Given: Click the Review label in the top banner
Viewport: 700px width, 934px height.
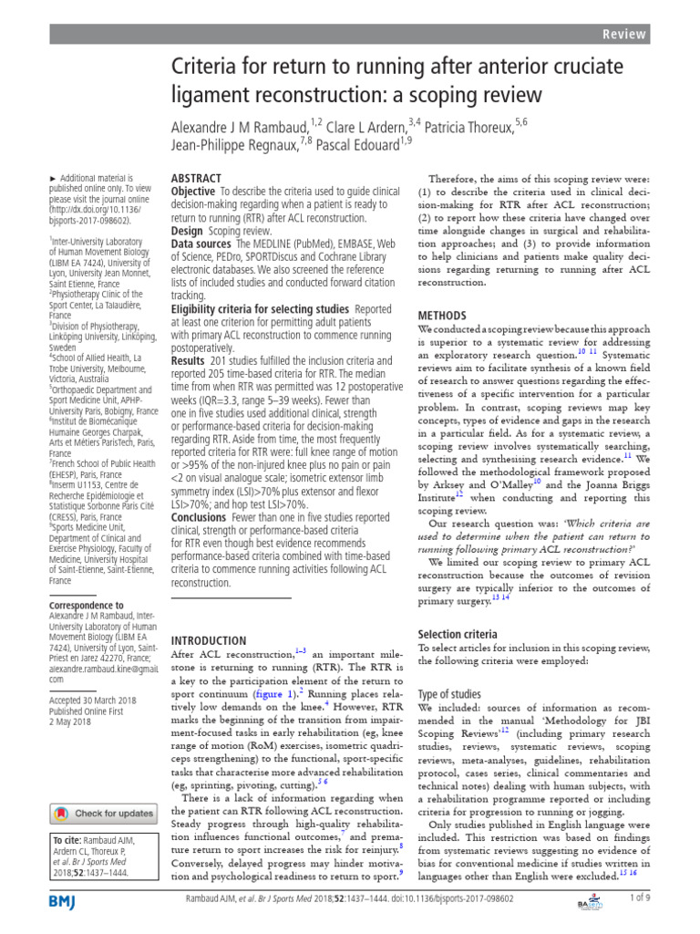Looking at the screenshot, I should coord(661,34).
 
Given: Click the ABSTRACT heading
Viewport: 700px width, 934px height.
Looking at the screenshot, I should coord(196,179).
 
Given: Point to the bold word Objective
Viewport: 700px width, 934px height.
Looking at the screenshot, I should coord(192,192).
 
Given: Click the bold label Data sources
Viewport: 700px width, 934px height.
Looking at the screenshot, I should coord(202,244).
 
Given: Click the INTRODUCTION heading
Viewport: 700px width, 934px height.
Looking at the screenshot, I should coord(209,640).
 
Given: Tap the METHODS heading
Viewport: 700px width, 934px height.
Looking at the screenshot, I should coord(442,314).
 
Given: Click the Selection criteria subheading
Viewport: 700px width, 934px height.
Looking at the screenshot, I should coord(457,634).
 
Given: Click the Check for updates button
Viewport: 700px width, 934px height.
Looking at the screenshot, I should coord(102,813).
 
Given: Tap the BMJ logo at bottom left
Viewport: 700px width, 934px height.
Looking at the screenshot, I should coord(64,902).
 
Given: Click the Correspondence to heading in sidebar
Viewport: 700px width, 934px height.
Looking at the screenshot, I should coord(87,605).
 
